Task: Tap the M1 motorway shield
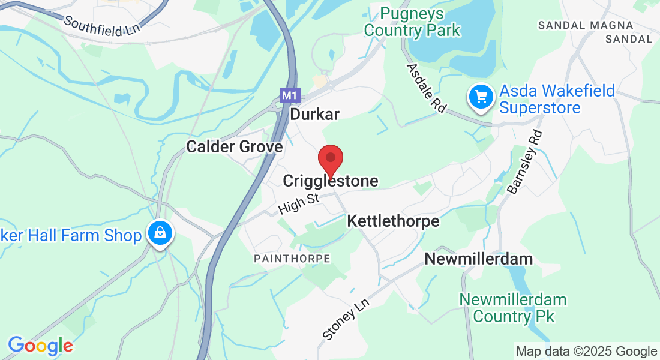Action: click(x=289, y=95)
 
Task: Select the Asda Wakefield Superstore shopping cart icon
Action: click(x=481, y=96)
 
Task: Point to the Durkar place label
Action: click(x=314, y=114)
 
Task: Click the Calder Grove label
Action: click(x=234, y=146)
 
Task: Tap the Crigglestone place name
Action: click(x=330, y=181)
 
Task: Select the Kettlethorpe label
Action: click(x=393, y=221)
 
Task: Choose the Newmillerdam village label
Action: click(x=479, y=259)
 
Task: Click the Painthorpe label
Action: click(x=292, y=259)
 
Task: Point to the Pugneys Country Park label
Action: click(x=412, y=22)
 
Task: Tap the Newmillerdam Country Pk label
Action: click(x=513, y=307)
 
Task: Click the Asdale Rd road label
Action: click(x=427, y=88)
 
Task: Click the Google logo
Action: click(x=40, y=346)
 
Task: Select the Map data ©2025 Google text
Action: click(x=586, y=352)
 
